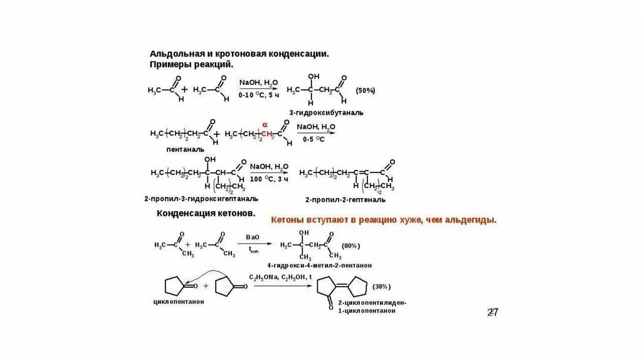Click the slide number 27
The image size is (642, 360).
[492, 312]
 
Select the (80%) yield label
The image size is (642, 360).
[350, 245]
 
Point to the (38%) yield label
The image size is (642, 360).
[381, 287]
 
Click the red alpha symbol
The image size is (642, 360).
[265, 124]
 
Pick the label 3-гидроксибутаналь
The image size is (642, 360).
[326, 112]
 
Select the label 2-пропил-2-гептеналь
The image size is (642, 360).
[345, 199]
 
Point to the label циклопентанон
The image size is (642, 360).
[179, 301]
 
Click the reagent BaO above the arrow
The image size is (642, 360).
[253, 237]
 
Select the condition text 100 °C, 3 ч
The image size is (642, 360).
[269, 179]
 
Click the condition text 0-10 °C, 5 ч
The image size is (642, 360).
[259, 95]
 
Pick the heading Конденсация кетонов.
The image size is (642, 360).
[206, 214]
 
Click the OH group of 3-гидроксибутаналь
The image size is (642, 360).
[313, 77]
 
